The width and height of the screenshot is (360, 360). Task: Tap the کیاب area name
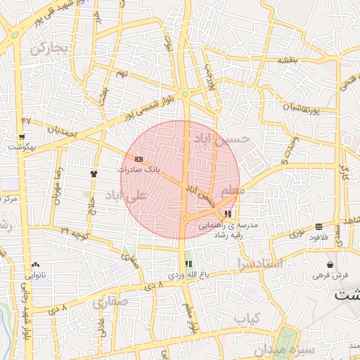[247, 320]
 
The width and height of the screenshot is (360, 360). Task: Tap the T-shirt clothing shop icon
[94, 173]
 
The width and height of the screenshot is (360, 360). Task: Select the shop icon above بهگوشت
[22, 137]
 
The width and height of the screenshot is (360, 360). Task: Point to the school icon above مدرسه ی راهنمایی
[227, 213]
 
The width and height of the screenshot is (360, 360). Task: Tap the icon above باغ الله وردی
[188, 264]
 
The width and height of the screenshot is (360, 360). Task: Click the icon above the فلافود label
[319, 226]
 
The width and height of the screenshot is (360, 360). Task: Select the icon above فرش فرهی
[330, 264]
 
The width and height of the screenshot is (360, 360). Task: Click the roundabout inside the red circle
[184, 219]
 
